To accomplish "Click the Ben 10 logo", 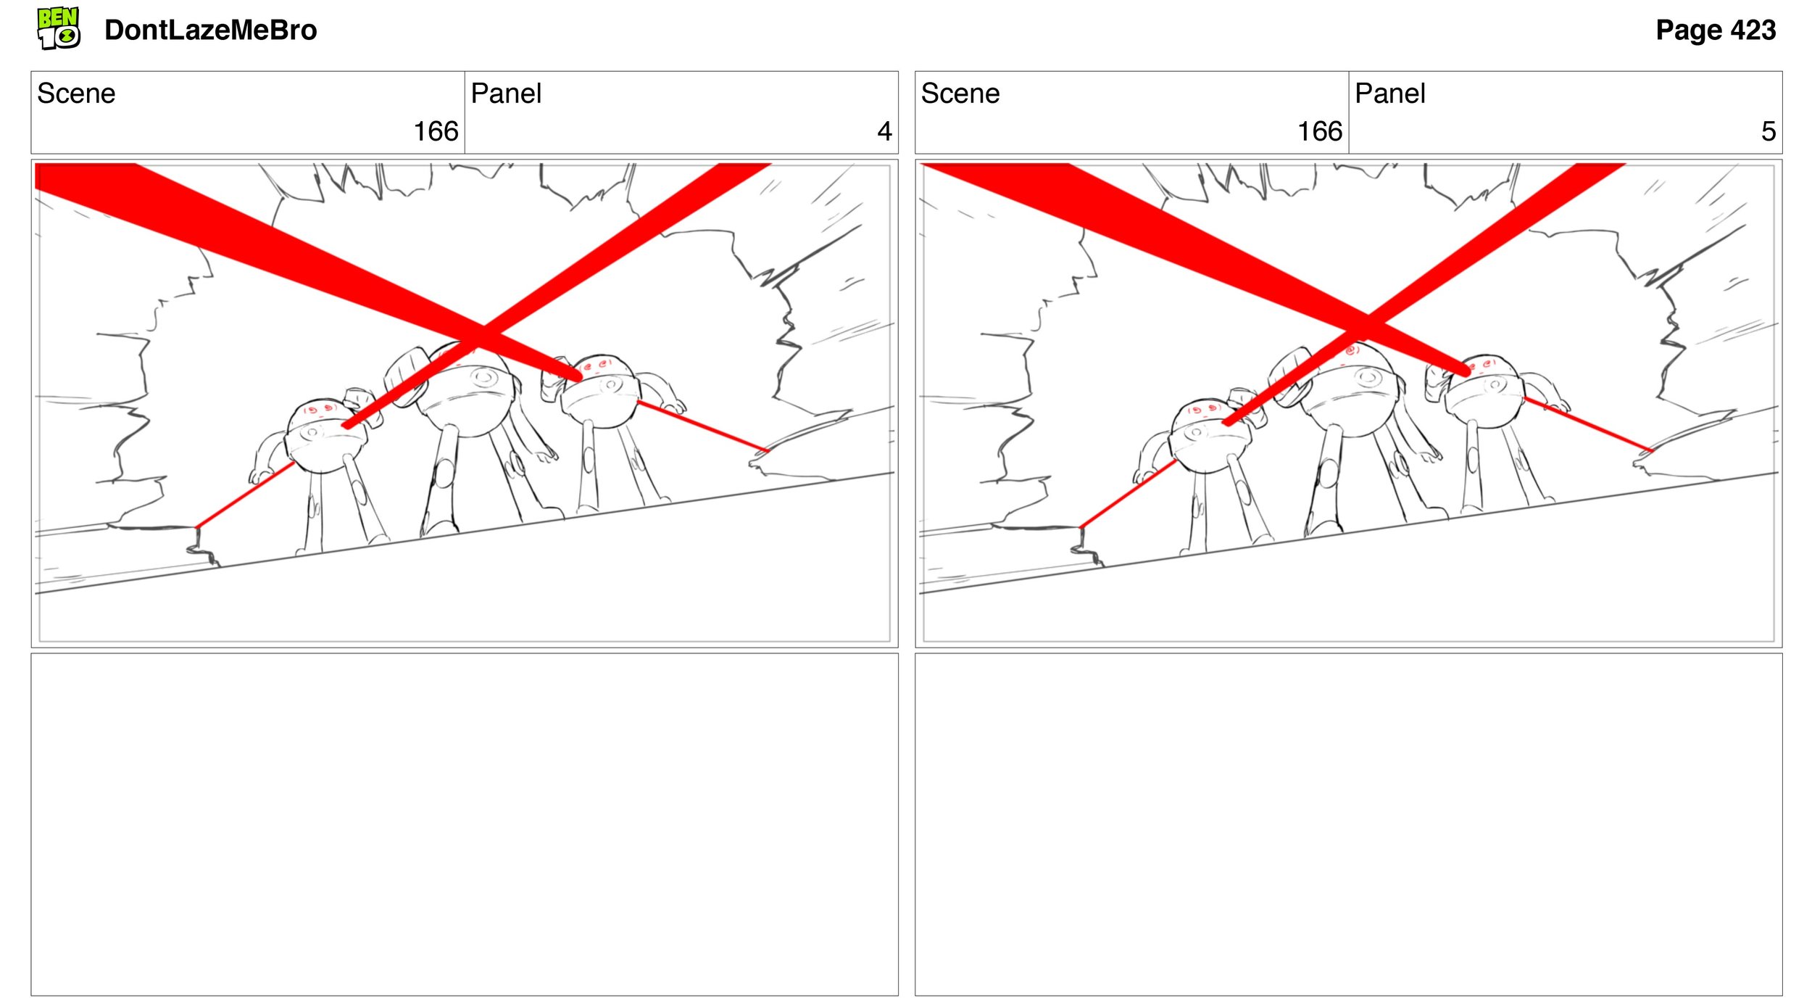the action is [x=59, y=28].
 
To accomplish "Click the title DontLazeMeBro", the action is [x=210, y=30].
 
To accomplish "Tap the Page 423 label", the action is [x=1715, y=30].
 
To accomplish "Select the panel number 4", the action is [x=884, y=131].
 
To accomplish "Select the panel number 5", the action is [x=1768, y=131].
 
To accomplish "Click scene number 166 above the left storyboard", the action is [x=436, y=131].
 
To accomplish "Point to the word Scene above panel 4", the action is [x=76, y=94].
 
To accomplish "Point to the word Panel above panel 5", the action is [x=1389, y=94].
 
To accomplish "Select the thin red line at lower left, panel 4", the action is [x=244, y=495].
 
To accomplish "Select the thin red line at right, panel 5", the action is [x=1587, y=425].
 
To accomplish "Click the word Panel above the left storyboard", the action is [x=506, y=94].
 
